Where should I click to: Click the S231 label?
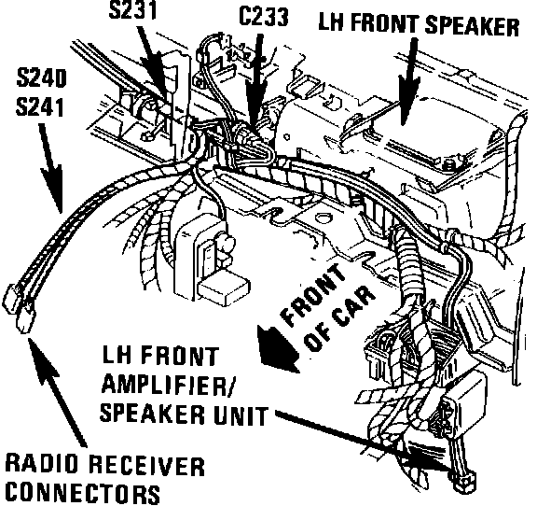point(133,10)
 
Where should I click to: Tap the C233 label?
point(263,17)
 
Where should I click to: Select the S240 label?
point(41,78)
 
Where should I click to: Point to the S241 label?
point(40,106)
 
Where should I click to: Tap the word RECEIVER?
point(147,466)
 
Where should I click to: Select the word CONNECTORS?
point(83,493)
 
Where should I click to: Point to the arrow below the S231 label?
point(155,63)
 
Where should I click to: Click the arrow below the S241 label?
point(50,168)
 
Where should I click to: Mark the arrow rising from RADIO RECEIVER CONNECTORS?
point(58,392)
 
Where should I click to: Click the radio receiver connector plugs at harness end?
point(19,308)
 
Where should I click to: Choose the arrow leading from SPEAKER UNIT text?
point(363,440)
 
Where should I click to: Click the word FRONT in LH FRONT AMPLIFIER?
point(179,356)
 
